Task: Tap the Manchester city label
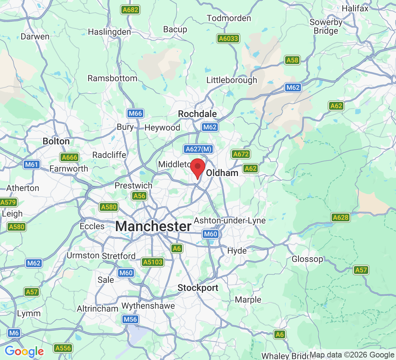click(153, 226)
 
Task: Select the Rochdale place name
click(197, 114)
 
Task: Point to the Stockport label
click(198, 288)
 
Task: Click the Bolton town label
click(56, 141)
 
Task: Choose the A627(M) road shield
click(198, 149)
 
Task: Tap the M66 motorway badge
click(136, 114)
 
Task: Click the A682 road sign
click(130, 10)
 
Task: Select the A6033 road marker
click(228, 38)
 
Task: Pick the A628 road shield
click(341, 217)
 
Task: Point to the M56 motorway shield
click(130, 319)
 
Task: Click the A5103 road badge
click(152, 262)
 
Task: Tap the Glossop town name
click(307, 259)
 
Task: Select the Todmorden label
click(229, 18)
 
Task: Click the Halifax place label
click(355, 8)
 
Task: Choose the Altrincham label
click(98, 309)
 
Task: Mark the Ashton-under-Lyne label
click(230, 220)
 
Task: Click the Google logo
click(24, 351)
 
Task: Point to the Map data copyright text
click(352, 355)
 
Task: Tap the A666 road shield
click(69, 157)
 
